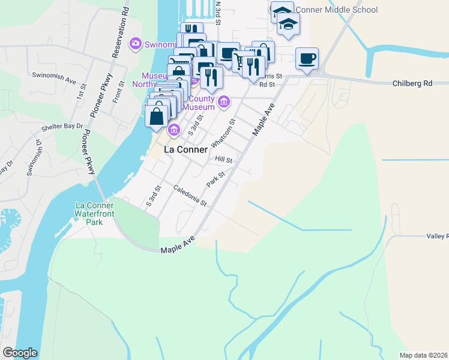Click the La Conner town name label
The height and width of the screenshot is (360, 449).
[x=185, y=149]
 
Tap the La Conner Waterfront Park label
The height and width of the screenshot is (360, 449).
[x=94, y=214]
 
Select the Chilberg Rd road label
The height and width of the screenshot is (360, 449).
[x=412, y=83]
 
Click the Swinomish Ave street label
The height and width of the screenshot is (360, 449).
[x=54, y=79]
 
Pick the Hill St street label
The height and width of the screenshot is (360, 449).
[x=223, y=159]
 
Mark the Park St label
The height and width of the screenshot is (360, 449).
[x=215, y=178]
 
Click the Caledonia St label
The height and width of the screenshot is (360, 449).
[x=190, y=196]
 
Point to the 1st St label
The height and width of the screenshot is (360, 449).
[x=79, y=92]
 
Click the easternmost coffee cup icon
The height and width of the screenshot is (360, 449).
[x=307, y=59]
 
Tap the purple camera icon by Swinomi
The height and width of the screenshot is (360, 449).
[x=135, y=43]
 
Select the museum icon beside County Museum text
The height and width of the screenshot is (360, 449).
[x=223, y=101]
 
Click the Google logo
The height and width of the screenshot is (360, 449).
[x=20, y=353]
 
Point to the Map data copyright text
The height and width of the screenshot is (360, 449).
[x=423, y=355]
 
